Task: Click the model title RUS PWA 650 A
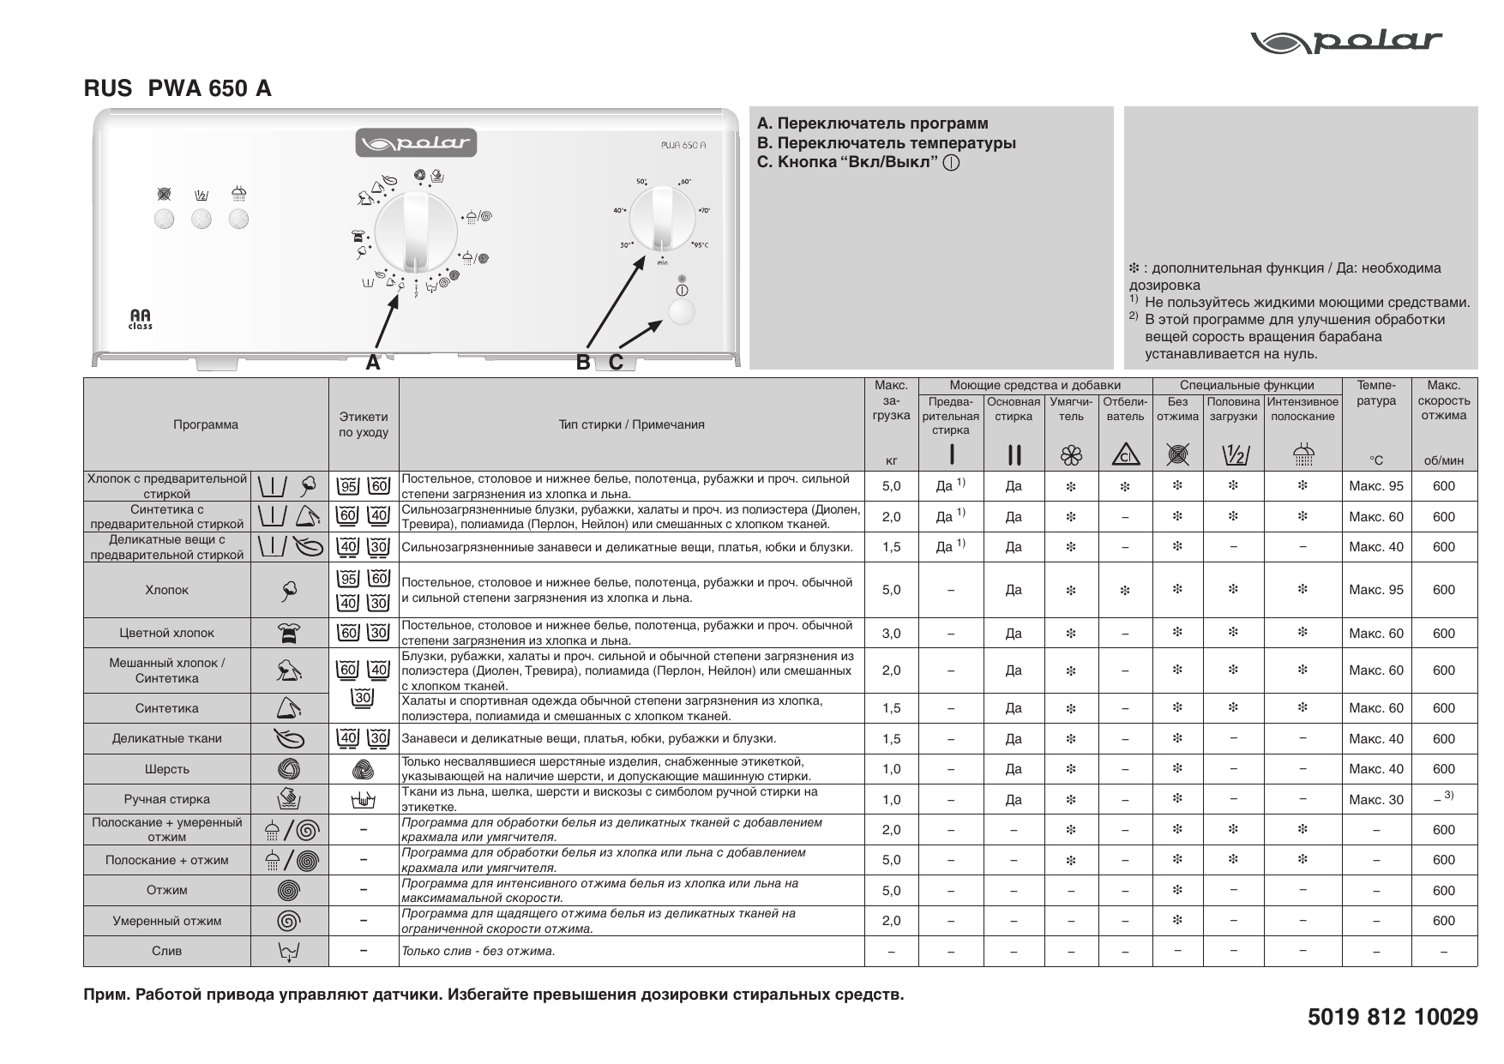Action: click(x=177, y=88)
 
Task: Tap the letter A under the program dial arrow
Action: click(x=372, y=363)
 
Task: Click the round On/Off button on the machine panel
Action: click(x=681, y=312)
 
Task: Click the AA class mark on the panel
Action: click(x=141, y=319)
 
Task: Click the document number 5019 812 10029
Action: click(x=1393, y=1017)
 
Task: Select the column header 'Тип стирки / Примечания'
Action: click(x=631, y=424)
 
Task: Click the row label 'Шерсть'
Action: click(x=166, y=769)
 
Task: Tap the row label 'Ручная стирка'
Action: click(x=166, y=799)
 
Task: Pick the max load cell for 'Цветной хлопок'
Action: click(x=891, y=634)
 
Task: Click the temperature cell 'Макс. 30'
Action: click(x=1375, y=800)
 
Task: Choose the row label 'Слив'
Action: click(x=166, y=951)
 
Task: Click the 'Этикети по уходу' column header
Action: click(x=364, y=424)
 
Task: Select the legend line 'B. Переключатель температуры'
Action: click(x=887, y=143)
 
